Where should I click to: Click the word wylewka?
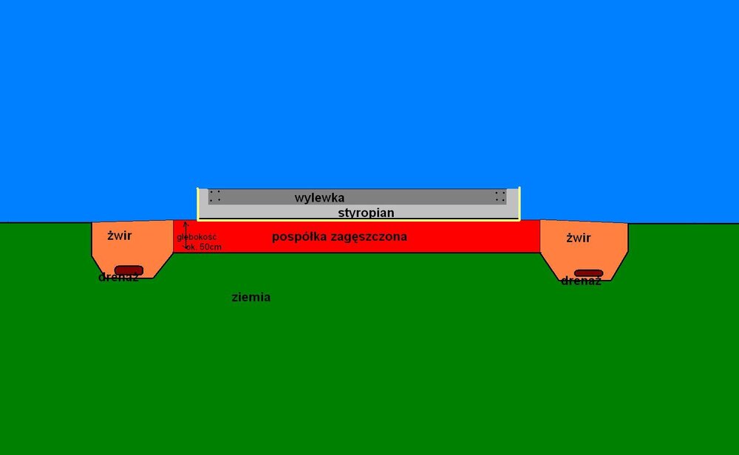click(x=319, y=198)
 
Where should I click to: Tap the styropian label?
click(x=367, y=213)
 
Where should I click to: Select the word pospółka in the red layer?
click(x=300, y=237)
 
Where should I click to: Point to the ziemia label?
click(x=251, y=297)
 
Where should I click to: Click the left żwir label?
click(x=120, y=236)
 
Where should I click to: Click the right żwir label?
click(x=579, y=238)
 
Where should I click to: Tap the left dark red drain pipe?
click(x=129, y=270)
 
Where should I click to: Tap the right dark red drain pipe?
click(x=589, y=273)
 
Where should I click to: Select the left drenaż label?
click(x=118, y=278)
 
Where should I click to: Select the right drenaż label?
click(x=581, y=281)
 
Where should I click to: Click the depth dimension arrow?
click(x=185, y=236)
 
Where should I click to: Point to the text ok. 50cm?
click(x=204, y=247)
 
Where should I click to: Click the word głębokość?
click(x=197, y=237)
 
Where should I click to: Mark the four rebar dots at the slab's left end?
click(x=215, y=196)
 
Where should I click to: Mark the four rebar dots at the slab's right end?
click(x=500, y=196)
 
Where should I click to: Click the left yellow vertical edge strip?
click(x=198, y=203)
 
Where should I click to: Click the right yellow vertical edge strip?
click(x=520, y=203)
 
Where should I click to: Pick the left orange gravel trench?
click(x=132, y=249)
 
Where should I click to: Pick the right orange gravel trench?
click(x=584, y=250)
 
